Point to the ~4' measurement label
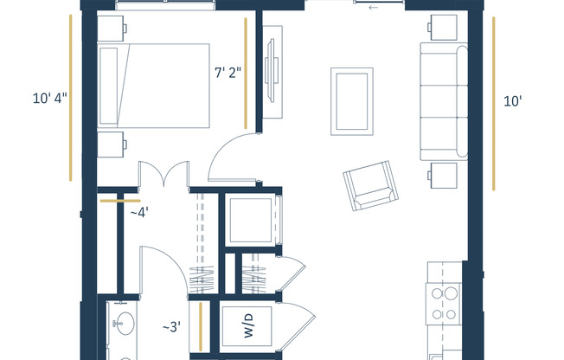click(x=138, y=212)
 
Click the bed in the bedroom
click(x=153, y=86)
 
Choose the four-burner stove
click(x=445, y=303)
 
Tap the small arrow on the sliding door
click(x=373, y=8)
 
